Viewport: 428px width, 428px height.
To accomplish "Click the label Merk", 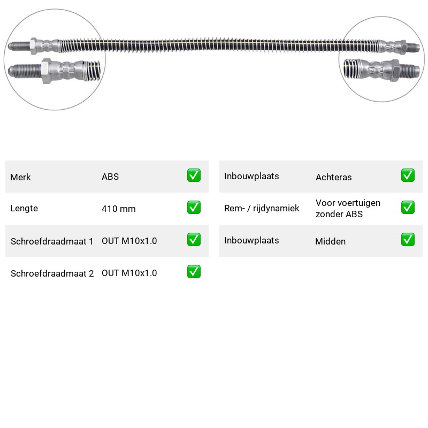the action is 20,177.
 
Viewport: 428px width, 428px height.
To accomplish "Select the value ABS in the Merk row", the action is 110,177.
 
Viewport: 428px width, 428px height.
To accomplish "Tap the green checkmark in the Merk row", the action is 194,175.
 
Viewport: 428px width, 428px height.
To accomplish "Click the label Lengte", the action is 24,208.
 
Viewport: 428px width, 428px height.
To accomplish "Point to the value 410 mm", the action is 119,209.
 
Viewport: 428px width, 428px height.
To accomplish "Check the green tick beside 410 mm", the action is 194,208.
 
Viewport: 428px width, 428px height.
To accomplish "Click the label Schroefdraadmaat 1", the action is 52,241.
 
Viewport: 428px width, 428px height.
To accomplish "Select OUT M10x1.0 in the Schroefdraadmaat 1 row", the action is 129,241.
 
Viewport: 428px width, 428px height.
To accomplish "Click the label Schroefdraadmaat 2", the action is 52,273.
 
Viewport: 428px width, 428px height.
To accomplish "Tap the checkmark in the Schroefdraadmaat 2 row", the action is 194,272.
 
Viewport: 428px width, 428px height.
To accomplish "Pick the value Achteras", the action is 333,177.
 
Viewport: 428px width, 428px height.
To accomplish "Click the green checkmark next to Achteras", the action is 408,175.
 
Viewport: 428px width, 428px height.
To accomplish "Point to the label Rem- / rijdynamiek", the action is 262,208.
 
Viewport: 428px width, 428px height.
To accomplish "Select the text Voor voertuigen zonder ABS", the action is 348,209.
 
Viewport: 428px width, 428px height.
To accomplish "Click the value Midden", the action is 330,241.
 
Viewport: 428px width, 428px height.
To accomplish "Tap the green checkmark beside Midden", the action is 408,239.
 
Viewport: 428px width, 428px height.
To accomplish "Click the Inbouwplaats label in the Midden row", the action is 251,240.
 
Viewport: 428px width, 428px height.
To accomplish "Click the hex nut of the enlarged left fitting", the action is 46,71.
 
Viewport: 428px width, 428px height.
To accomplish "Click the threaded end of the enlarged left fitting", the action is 25,71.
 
